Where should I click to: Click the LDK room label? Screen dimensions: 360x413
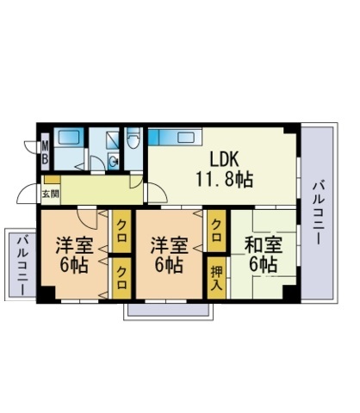(224, 159)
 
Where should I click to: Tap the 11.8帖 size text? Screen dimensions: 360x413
(224, 179)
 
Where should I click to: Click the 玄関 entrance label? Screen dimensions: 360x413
(51, 194)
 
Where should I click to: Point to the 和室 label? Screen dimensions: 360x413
(264, 245)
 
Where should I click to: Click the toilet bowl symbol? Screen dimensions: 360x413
(133, 139)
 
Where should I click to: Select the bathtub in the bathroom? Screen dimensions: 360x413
(69, 138)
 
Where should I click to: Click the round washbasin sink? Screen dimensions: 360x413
(114, 162)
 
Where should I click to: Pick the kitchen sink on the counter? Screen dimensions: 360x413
(185, 138)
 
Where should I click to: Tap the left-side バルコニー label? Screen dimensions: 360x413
(22, 265)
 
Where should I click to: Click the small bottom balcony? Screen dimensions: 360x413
(168, 310)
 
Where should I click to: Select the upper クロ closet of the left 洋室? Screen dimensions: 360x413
(121, 231)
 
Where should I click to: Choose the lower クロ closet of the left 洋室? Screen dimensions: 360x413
(121, 278)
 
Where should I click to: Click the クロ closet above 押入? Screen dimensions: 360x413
(217, 231)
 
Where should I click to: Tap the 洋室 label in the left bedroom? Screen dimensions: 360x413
(75, 245)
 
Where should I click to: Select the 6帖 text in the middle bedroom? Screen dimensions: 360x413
(169, 265)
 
